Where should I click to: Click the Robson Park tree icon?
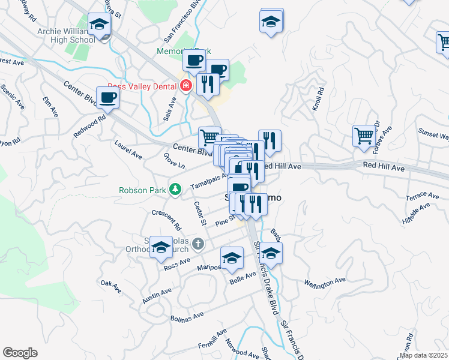click(x=175, y=190)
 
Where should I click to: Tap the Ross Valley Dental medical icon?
click(x=186, y=86)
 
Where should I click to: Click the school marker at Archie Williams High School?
click(x=99, y=25)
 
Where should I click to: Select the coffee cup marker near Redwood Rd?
click(x=108, y=98)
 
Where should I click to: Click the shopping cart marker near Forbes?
click(x=364, y=136)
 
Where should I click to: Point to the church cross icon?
click(x=200, y=244)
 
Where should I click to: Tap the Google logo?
click(x=20, y=353)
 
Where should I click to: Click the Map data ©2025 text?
click(x=423, y=355)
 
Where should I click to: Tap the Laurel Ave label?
click(x=128, y=149)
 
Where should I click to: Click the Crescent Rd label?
click(x=166, y=220)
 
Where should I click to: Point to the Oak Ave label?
click(x=111, y=286)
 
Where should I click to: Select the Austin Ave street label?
click(x=157, y=295)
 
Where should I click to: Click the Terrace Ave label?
click(x=422, y=197)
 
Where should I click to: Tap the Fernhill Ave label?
click(x=212, y=339)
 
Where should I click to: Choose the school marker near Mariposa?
click(x=232, y=259)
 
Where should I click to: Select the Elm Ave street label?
click(x=50, y=106)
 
